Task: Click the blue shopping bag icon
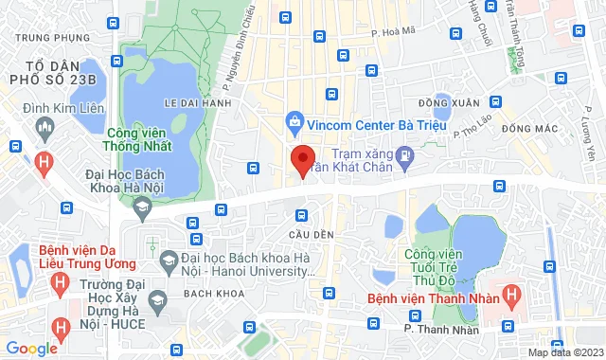(x=295, y=122)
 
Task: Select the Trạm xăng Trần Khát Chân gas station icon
(x=405, y=154)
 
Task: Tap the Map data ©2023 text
(x=564, y=353)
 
